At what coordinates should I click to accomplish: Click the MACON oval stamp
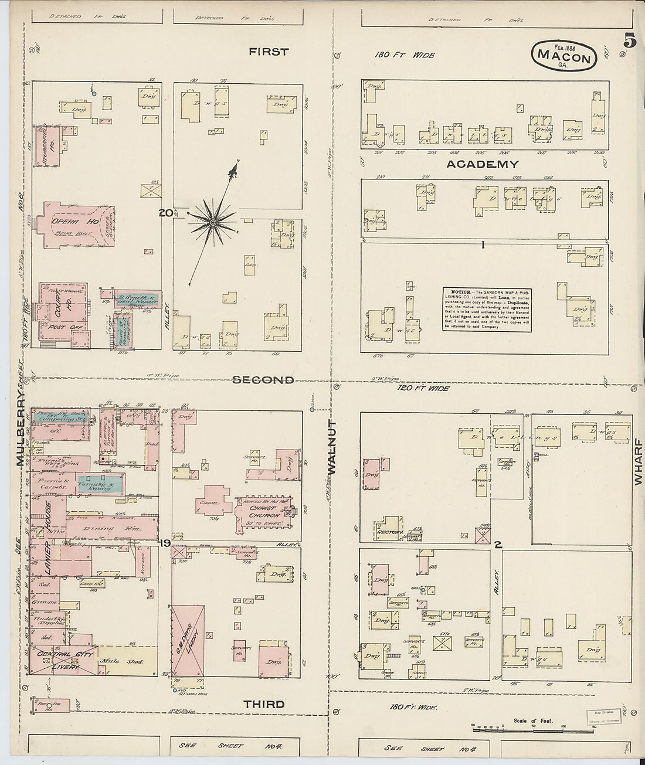[564, 56]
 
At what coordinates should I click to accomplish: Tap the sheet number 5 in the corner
[630, 41]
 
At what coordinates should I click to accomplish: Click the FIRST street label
[269, 52]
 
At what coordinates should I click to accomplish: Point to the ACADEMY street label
[483, 164]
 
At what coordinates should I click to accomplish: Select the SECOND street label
[263, 380]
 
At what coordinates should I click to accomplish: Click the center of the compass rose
[213, 222]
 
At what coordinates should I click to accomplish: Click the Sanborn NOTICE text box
[487, 309]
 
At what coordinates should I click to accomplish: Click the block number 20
[165, 213]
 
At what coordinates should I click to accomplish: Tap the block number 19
[165, 543]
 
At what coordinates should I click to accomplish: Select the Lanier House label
[49, 538]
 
